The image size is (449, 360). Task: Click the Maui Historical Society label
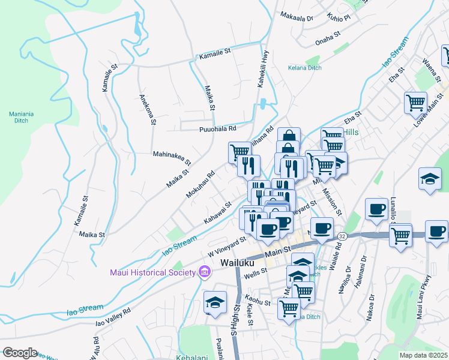pos(152,273)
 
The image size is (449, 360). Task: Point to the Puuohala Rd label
pos(218,128)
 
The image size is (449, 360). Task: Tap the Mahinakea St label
pos(172,158)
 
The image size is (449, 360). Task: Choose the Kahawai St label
pos(217,213)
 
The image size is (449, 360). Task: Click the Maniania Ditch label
pos(22,116)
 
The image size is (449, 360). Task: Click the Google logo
pos(19,353)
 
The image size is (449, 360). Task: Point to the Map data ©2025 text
pos(423,355)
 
